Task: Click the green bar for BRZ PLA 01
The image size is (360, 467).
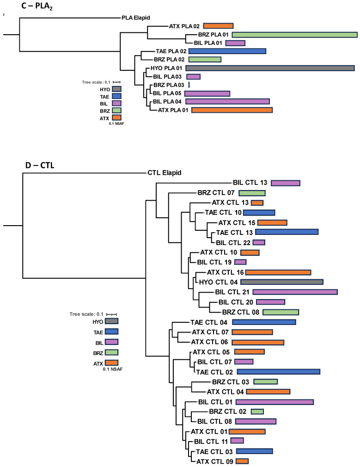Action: click(294, 35)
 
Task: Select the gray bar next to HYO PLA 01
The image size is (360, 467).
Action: click(270, 68)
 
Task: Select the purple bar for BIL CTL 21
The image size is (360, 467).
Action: click(295, 292)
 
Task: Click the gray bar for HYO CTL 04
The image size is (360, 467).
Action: click(281, 282)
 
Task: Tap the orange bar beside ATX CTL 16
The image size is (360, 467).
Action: click(278, 272)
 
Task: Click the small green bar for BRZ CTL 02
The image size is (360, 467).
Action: click(257, 412)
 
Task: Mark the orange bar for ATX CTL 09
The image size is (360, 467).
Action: click(242, 461)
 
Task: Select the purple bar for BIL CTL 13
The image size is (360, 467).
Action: click(286, 183)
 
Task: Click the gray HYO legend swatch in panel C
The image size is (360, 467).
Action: click(116, 89)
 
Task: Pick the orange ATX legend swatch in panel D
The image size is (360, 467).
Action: click(111, 363)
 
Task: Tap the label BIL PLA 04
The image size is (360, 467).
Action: click(168, 101)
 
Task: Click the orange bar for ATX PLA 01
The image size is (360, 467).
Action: click(232, 110)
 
